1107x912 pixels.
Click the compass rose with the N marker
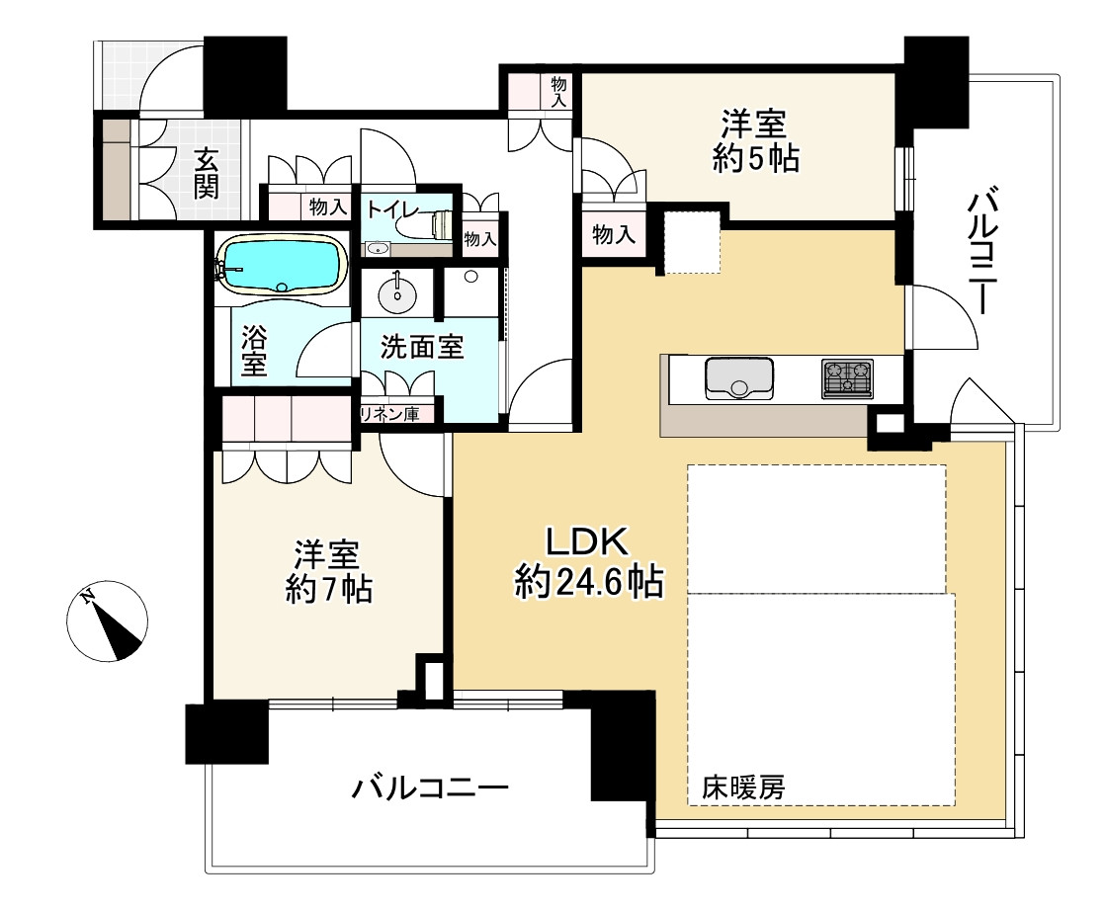tap(108, 622)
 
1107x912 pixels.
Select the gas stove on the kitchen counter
tap(847, 378)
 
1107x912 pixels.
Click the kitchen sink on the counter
tap(738, 379)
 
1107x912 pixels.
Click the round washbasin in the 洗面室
tap(397, 294)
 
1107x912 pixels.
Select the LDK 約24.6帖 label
tap(589, 562)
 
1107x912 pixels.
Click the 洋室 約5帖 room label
tap(755, 142)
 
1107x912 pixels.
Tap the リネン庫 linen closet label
tap(389, 414)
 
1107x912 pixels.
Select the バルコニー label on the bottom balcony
tap(430, 787)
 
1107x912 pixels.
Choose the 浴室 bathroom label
tap(254, 351)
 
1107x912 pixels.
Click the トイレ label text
tap(392, 209)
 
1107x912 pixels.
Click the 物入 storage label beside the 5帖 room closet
tap(614, 233)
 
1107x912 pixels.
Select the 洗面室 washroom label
tap(422, 347)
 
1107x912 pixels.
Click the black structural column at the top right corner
tap(936, 81)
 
